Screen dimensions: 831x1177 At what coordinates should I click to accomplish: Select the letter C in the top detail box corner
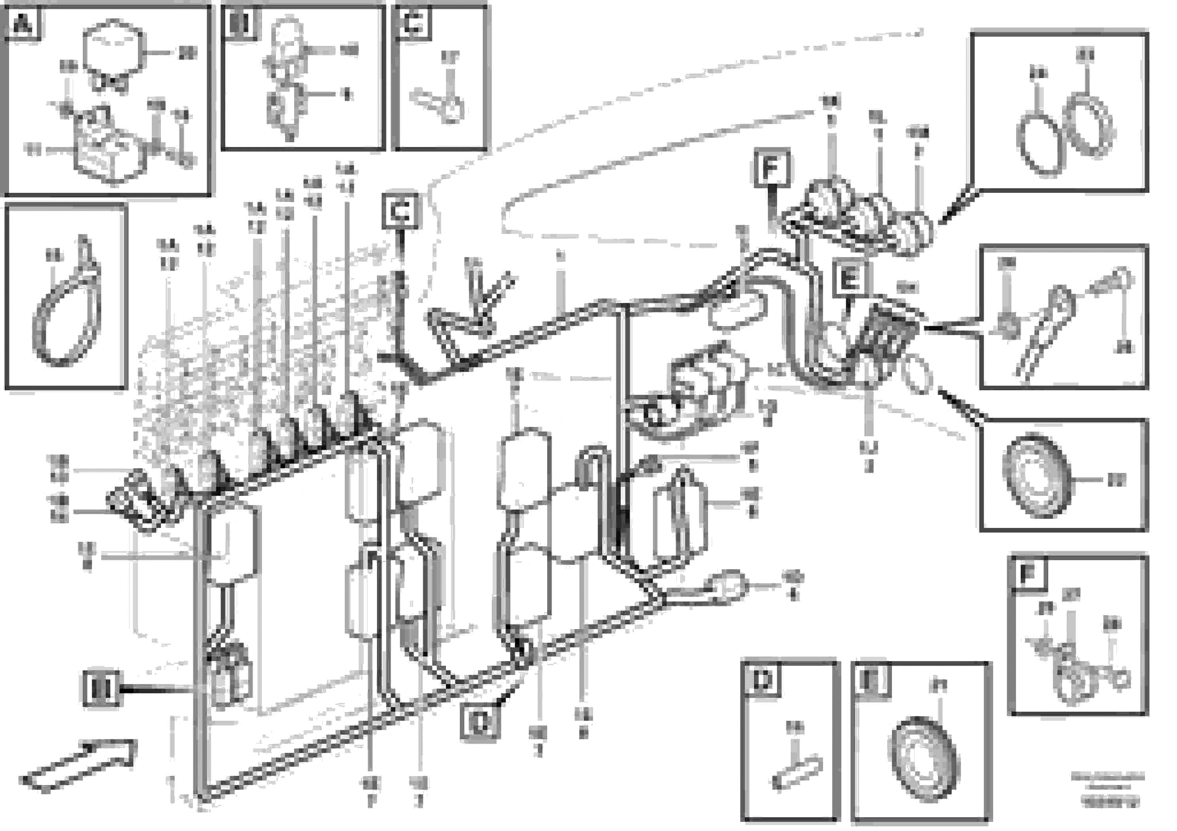pyautogui.click(x=413, y=23)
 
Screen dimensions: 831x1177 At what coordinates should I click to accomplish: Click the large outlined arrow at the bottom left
pyautogui.click(x=79, y=765)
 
